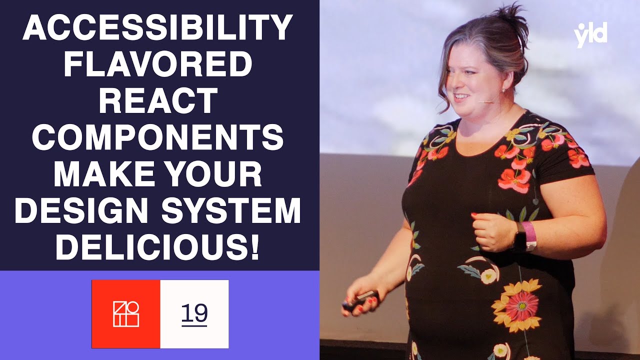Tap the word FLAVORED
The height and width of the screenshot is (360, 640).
click(158, 65)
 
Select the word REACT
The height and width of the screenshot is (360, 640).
click(158, 101)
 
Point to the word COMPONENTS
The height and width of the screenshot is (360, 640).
click(158, 138)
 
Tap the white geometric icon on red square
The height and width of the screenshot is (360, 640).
click(126, 314)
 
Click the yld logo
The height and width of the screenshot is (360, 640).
click(590, 35)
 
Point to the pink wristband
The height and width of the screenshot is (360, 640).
click(529, 235)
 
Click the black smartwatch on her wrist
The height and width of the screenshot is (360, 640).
click(519, 239)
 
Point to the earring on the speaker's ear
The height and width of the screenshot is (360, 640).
click(503, 90)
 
